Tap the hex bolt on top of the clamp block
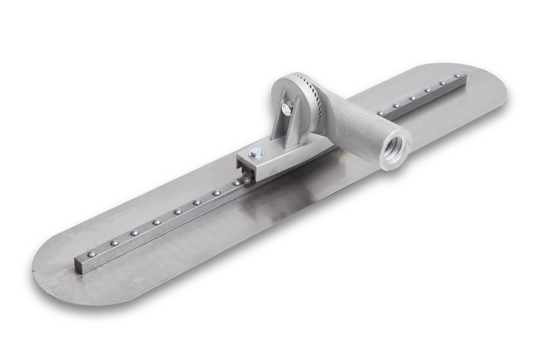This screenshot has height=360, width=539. click(x=256, y=153)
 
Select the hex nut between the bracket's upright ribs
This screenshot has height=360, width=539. click(x=287, y=106)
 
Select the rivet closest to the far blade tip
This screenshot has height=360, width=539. click(x=456, y=76)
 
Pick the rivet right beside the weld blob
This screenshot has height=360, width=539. click(x=236, y=183)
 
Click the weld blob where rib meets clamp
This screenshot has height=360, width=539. click(x=246, y=178)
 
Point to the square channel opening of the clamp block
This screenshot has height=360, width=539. click(x=244, y=166)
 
